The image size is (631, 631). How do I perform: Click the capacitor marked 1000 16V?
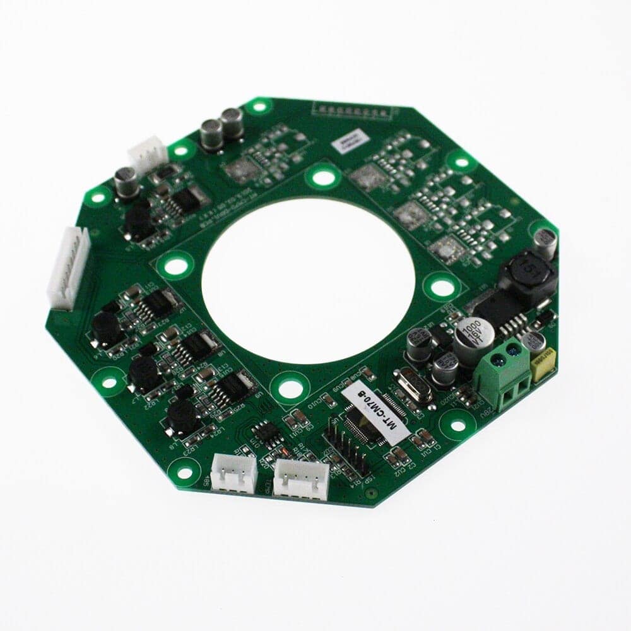[x=471, y=337]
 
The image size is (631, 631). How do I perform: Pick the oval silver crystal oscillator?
[x=412, y=385]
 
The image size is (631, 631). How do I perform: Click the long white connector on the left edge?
[x=68, y=268]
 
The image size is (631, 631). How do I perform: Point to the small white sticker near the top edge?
[x=351, y=139]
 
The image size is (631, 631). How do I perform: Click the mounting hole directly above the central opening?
[x=323, y=177]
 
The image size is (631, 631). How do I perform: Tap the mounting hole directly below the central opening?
[x=290, y=387]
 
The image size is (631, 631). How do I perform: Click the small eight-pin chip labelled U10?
[x=266, y=433]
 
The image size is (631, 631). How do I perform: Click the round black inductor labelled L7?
[x=145, y=374]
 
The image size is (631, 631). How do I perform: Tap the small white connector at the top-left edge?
[x=148, y=155]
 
